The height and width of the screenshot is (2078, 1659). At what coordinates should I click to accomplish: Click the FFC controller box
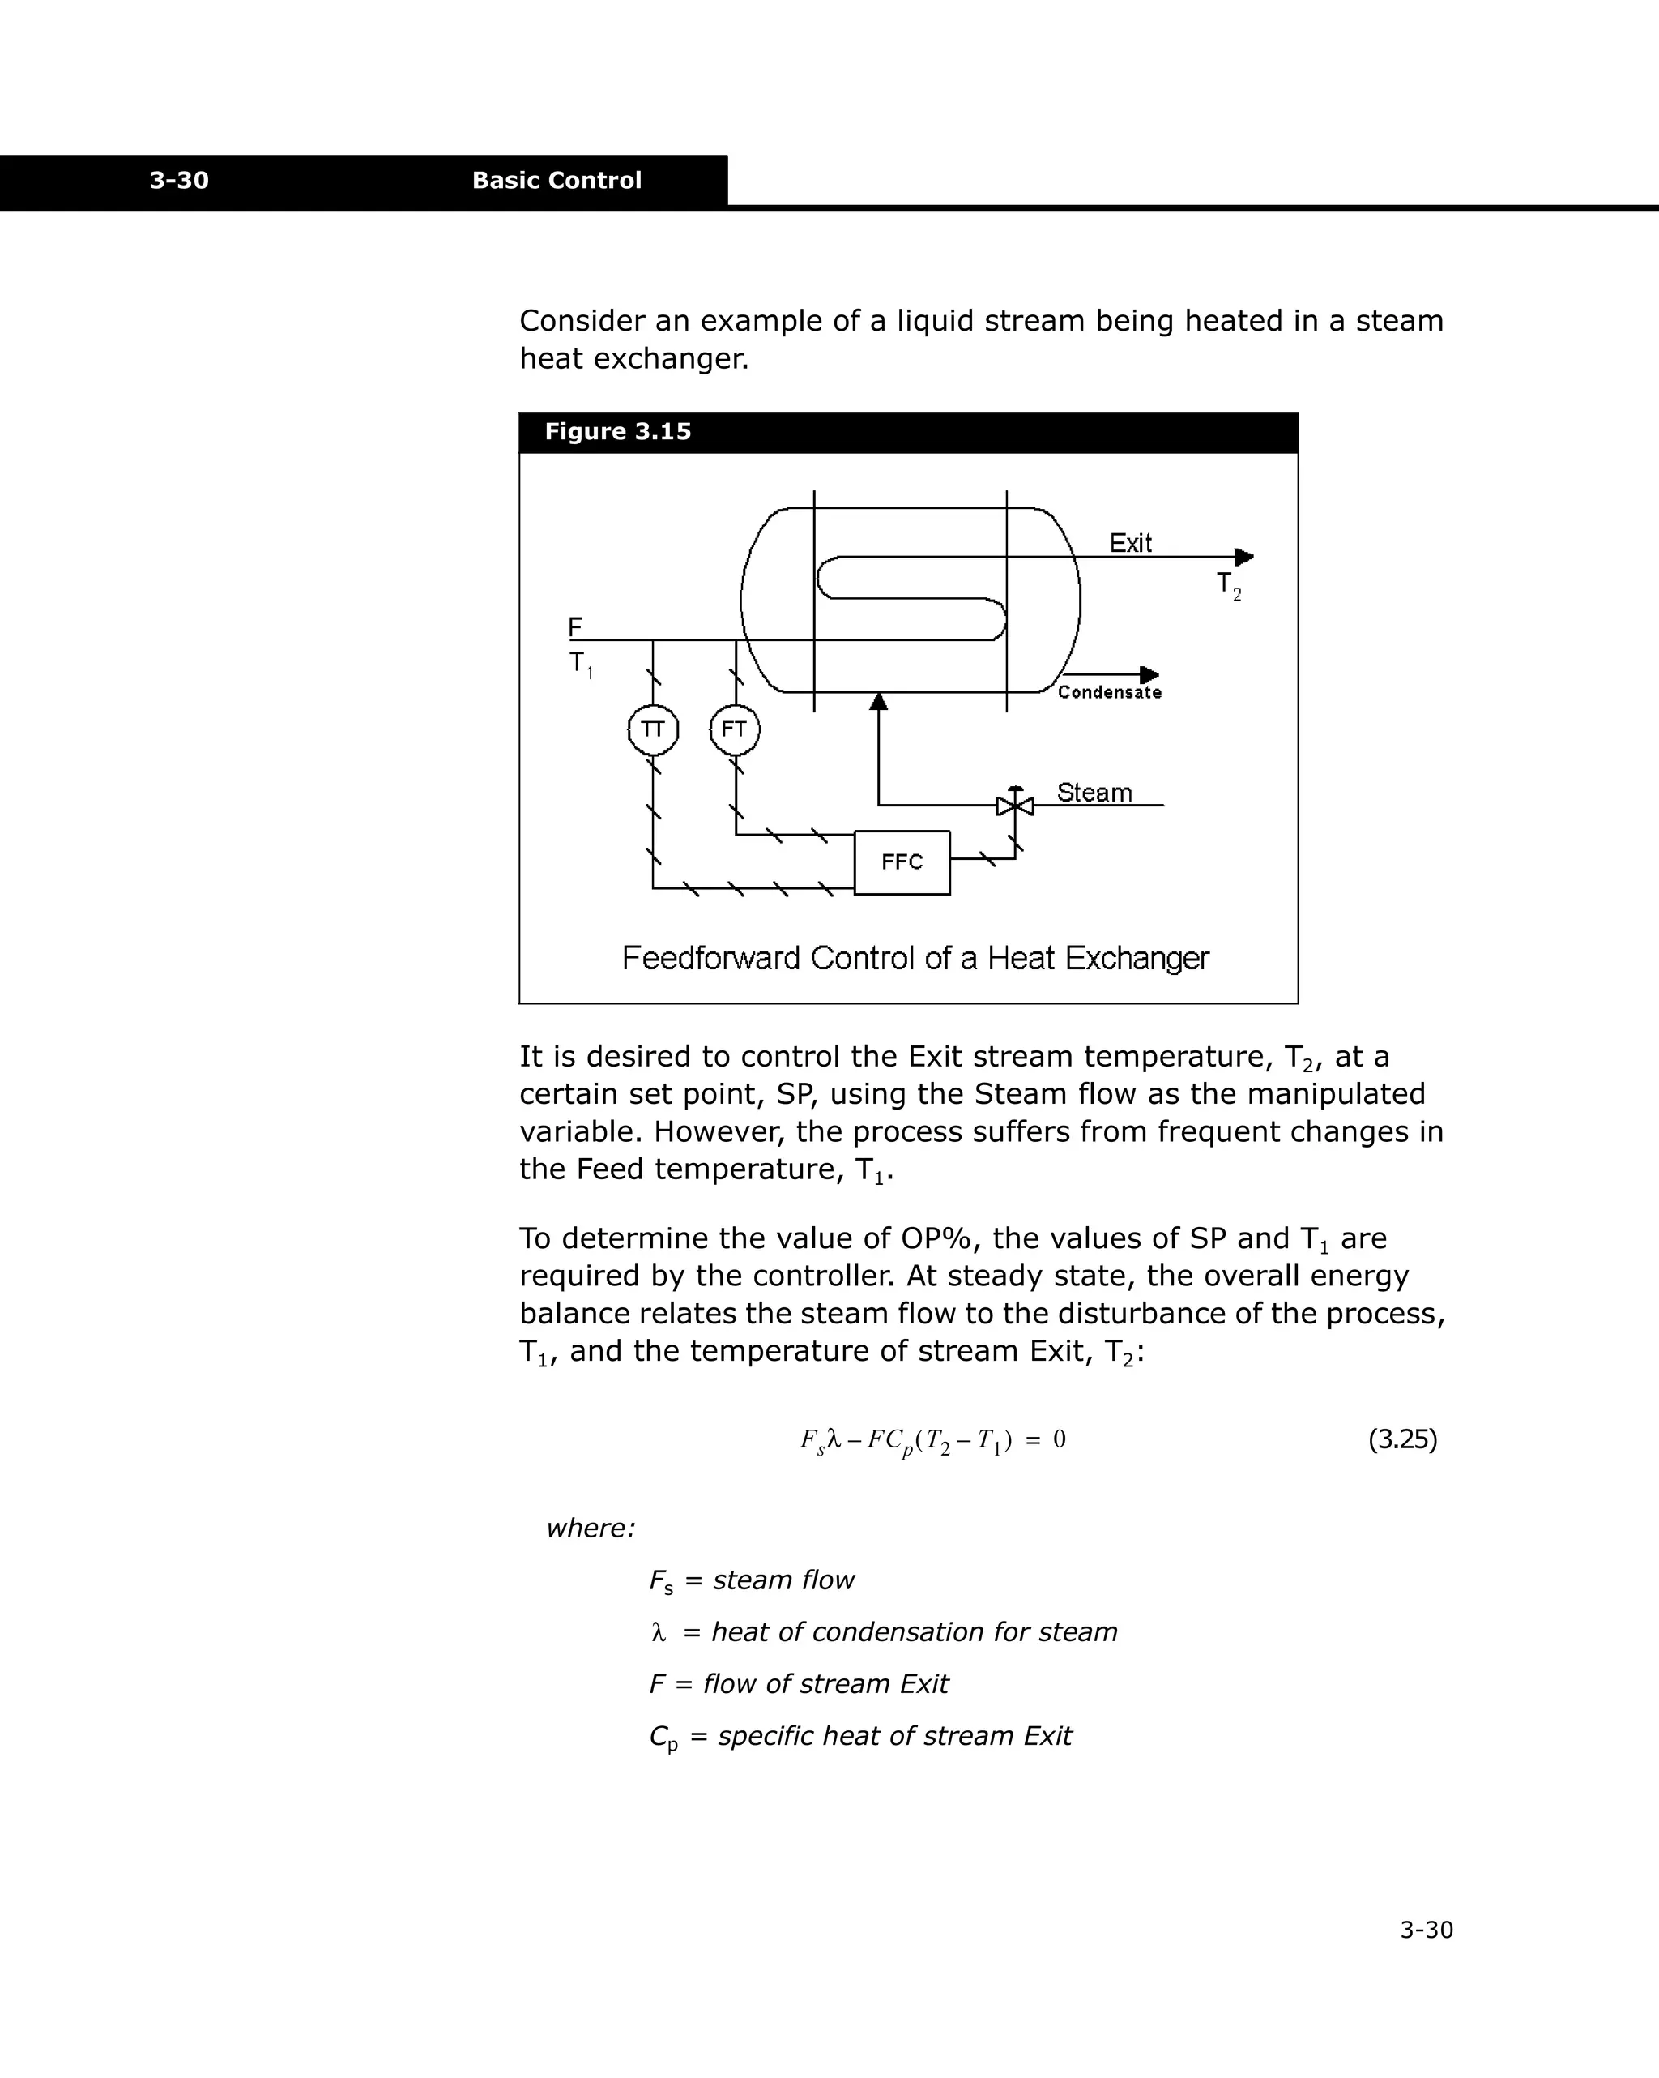[902, 862]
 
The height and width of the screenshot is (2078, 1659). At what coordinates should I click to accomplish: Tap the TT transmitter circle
[653, 729]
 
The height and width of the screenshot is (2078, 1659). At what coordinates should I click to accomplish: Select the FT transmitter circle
[735, 729]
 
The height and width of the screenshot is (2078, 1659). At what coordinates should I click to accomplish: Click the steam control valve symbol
[1014, 805]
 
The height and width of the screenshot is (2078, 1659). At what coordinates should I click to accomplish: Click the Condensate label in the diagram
[1109, 692]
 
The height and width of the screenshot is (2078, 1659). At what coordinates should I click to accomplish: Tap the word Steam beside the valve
[1094, 793]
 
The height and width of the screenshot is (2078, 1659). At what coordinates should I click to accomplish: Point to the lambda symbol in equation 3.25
[834, 1440]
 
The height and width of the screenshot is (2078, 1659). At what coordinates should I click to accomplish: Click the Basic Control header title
[556, 180]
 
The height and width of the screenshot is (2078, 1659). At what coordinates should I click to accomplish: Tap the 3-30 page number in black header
[179, 180]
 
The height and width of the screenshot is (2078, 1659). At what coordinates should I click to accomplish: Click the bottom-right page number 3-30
[1426, 1930]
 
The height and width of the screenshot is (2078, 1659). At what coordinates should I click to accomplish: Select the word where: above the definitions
[591, 1529]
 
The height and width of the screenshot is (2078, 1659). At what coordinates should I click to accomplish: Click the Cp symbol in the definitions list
[663, 1737]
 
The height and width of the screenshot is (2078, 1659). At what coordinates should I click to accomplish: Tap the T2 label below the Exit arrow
[1228, 585]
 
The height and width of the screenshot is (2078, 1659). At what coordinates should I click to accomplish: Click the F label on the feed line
[575, 627]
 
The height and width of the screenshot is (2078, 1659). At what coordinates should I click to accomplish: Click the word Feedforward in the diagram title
[711, 958]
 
